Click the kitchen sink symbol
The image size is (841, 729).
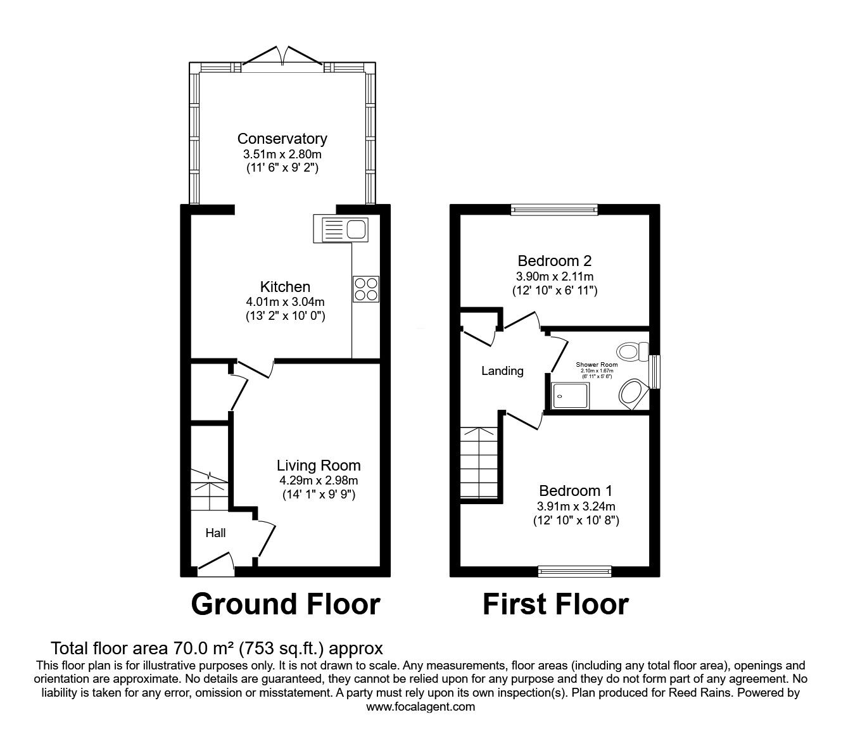[x=341, y=229]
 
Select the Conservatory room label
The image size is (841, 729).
[x=282, y=139]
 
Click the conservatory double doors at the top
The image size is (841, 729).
[x=283, y=57]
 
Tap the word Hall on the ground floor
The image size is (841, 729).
[x=215, y=533]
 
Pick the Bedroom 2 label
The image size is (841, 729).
[x=554, y=260]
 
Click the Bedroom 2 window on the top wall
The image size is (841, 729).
[x=554, y=210]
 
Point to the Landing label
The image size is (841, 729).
[x=502, y=371]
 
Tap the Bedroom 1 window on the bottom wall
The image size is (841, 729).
[x=575, y=571]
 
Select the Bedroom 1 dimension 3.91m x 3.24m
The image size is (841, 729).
[x=575, y=505]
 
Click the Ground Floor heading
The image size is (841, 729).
[x=286, y=604]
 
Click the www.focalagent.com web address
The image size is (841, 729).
[x=420, y=707]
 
